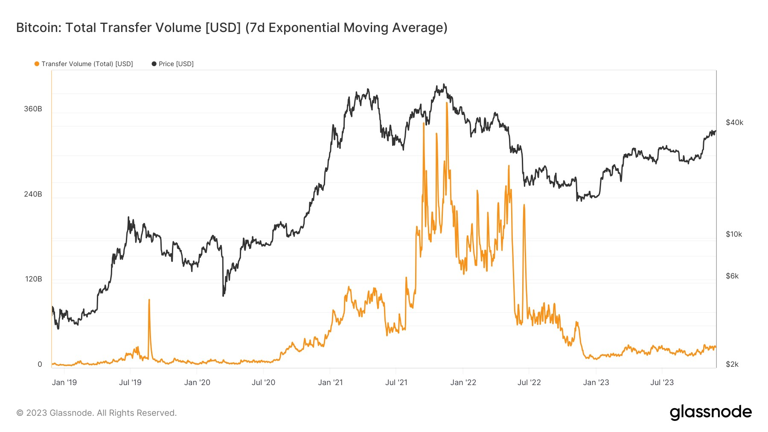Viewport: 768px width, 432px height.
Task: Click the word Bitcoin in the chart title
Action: click(38, 28)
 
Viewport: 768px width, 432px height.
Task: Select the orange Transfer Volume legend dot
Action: click(37, 64)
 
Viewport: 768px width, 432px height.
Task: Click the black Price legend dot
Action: click(154, 64)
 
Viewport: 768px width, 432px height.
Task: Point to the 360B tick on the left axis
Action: click(33, 109)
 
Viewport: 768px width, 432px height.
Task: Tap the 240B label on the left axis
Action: click(33, 194)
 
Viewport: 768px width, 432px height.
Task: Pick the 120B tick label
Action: click(33, 279)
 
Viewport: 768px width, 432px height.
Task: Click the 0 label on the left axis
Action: click(40, 364)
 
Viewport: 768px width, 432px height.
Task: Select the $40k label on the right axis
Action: click(734, 123)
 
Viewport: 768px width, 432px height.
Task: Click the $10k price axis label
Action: click(734, 234)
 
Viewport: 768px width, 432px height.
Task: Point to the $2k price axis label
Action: click(732, 364)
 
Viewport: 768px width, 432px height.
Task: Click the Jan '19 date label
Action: click(64, 383)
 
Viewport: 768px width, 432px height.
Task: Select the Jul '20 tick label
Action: click(263, 383)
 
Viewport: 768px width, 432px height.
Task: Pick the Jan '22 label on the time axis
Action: click(463, 383)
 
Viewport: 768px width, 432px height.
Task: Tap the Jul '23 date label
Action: click(662, 383)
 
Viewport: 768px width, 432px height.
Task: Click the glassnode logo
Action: click(710, 412)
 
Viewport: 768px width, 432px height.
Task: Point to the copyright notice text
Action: click(96, 413)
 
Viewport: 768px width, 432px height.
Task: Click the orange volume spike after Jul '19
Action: click(149, 300)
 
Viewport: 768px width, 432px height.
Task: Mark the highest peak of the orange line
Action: click(447, 103)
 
